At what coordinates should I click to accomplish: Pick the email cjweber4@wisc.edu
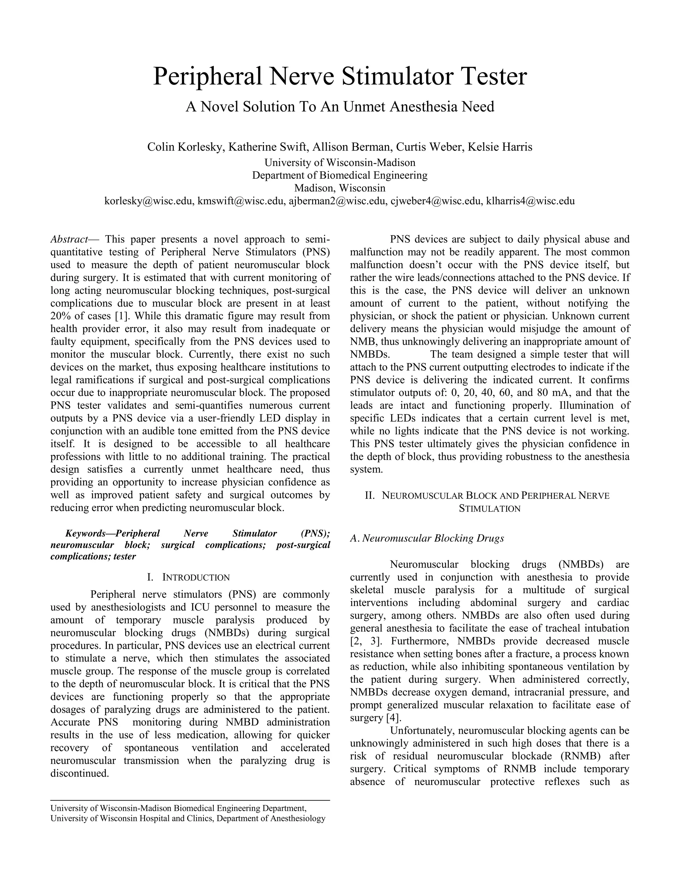pos(436,201)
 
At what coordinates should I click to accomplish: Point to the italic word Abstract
pos(69,239)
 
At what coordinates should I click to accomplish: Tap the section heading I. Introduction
pos(189,577)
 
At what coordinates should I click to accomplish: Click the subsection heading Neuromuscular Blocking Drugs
pos(433,538)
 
